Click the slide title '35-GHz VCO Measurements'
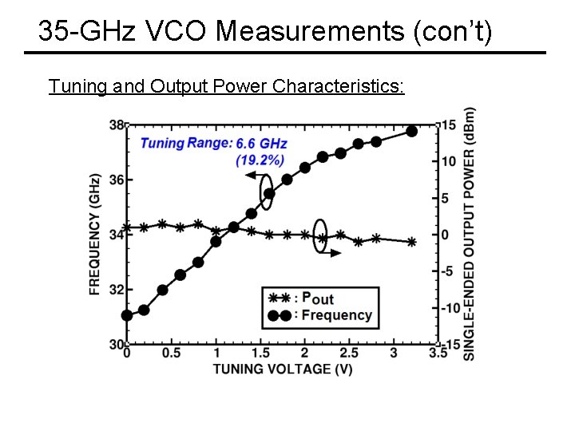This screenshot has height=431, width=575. [x=265, y=31]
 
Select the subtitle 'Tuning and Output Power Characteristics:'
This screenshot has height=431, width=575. [x=227, y=85]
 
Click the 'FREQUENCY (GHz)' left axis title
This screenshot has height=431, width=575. [x=95, y=234]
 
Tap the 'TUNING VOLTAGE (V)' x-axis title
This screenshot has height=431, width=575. [x=283, y=369]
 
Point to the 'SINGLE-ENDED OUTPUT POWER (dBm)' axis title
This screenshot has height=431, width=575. [x=470, y=233]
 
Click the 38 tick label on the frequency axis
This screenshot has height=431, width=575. [x=116, y=125]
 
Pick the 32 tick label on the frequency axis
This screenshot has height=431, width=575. [x=116, y=290]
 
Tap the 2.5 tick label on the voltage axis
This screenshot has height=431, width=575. [x=349, y=354]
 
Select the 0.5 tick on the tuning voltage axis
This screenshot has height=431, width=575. [x=171, y=354]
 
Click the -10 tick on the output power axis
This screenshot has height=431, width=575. [x=450, y=308]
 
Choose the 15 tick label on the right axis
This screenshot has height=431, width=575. [x=448, y=125]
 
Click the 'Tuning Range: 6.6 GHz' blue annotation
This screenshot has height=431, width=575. [x=213, y=144]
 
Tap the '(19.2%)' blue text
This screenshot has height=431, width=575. [x=260, y=160]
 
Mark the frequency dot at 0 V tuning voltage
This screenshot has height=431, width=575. [x=127, y=315]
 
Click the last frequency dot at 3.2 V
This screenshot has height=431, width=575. [x=411, y=131]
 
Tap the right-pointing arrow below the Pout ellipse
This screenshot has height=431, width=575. [x=335, y=252]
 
